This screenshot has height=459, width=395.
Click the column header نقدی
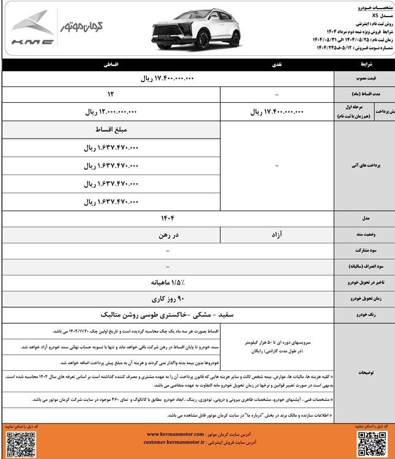[277, 64]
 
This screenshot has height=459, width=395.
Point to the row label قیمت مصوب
[363, 79]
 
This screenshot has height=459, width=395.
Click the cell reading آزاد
[277, 234]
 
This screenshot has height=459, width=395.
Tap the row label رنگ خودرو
[363, 315]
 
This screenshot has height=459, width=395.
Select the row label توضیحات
[363, 371]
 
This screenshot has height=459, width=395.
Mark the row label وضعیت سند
[363, 234]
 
